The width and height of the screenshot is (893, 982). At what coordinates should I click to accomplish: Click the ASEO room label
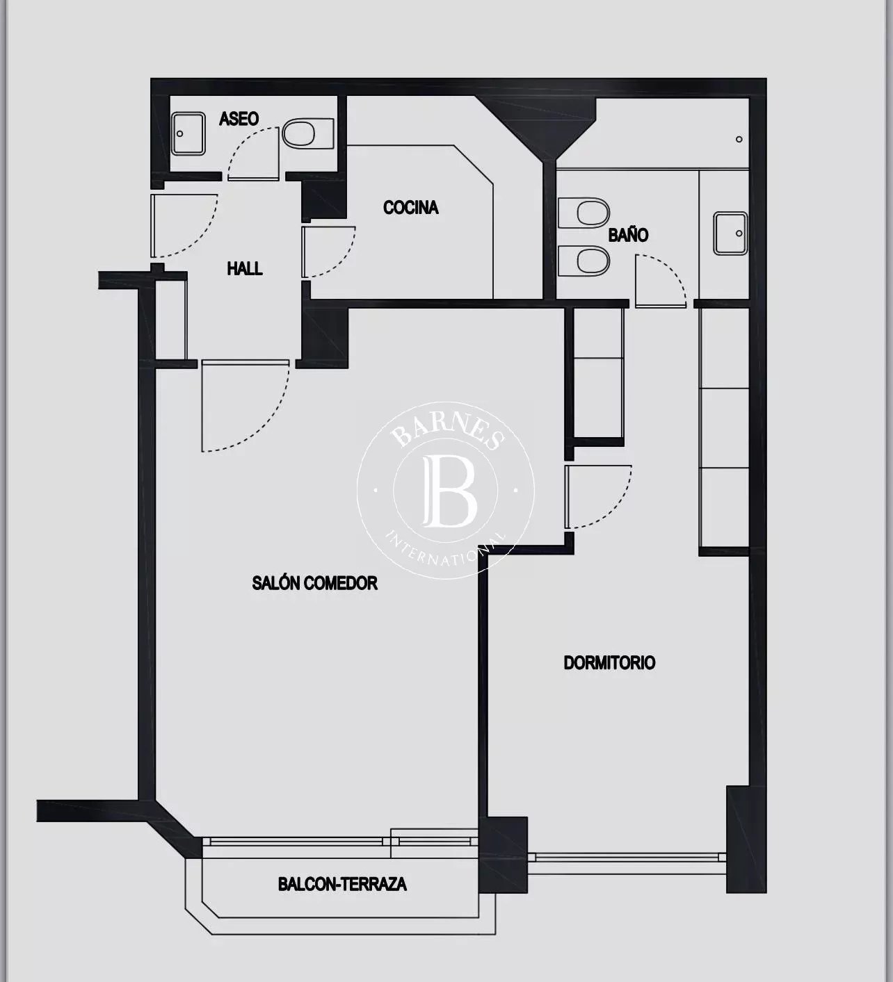239,118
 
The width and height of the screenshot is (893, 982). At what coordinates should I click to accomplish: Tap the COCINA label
411,208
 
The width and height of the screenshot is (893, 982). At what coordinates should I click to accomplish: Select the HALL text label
245,268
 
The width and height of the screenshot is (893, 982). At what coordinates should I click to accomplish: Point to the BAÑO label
628,234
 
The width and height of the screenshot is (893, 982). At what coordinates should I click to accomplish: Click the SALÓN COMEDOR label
314,582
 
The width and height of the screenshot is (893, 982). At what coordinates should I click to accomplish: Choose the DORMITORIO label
609,662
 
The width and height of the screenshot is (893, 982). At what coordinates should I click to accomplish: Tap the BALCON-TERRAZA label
342,883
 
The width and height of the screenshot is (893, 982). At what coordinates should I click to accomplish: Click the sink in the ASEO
188,133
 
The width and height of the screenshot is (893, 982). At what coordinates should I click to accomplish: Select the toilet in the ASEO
308,133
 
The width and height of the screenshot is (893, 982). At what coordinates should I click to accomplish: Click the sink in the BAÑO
730,233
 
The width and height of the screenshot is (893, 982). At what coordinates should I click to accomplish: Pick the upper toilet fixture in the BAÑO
584,213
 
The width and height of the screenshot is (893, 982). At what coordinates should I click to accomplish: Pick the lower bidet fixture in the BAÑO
584,261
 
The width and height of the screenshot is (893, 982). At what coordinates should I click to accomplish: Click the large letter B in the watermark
450,491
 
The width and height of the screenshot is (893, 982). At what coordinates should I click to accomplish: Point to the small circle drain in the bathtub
739,139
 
